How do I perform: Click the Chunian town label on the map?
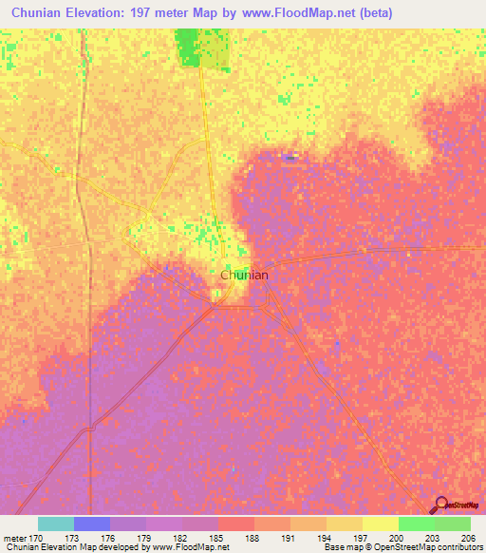click(x=244, y=275)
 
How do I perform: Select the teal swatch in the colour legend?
click(x=56, y=524)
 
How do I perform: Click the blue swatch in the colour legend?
click(x=92, y=524)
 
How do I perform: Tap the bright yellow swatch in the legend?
click(x=380, y=524)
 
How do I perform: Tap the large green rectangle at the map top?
click(x=202, y=48)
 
